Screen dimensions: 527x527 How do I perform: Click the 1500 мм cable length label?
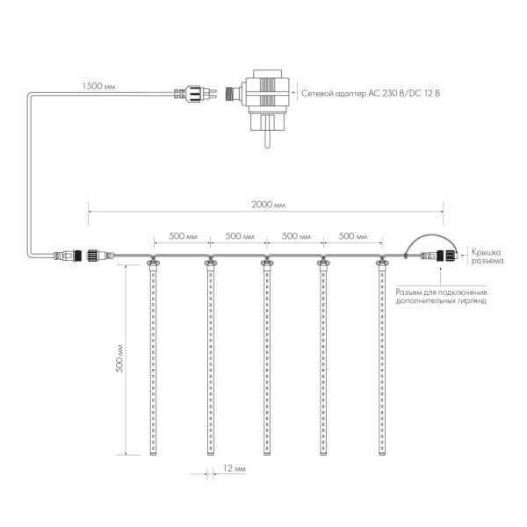98,85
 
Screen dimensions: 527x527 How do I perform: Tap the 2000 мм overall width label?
268,204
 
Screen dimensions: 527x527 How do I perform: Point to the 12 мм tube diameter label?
234,470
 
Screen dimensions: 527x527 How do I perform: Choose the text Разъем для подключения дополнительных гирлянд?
441,296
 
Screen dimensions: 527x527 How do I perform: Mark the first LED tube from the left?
151,360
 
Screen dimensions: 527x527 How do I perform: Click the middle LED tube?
266,360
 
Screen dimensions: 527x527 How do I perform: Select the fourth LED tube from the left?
324,360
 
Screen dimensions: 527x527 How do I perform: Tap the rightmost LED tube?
382,360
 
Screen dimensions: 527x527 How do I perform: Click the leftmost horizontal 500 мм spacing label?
182,236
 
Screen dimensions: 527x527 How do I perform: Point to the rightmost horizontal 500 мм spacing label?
353,236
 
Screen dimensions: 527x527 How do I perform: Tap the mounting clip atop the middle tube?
266,261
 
